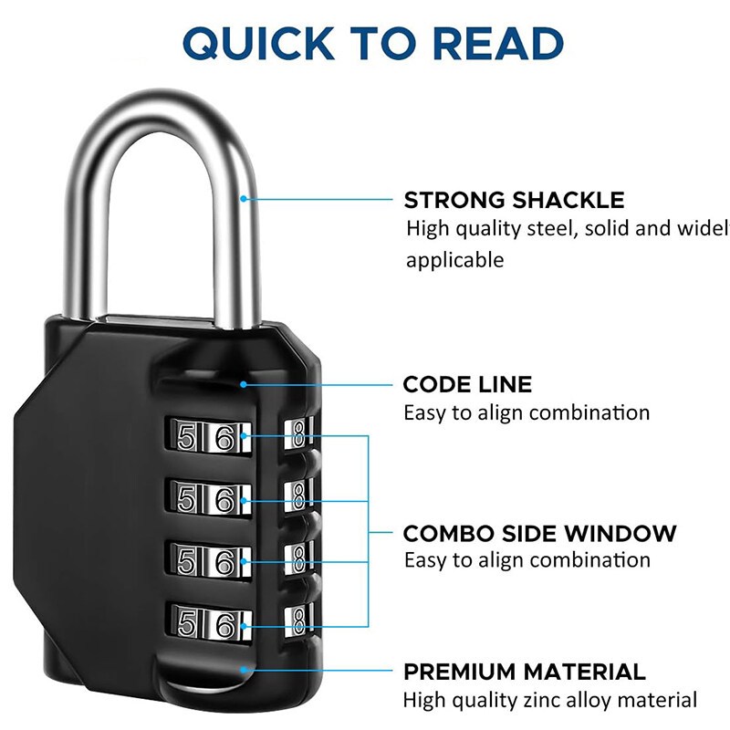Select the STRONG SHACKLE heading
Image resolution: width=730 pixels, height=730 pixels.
[515, 201]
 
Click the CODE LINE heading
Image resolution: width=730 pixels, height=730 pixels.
[467, 384]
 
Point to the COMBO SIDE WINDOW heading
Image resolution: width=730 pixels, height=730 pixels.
[540, 533]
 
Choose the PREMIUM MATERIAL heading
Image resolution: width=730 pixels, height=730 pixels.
[525, 673]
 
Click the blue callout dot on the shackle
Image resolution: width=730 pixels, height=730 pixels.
[244, 197]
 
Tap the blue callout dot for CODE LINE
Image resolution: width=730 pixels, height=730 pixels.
[244, 384]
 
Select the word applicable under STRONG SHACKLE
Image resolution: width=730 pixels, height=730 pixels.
[454, 260]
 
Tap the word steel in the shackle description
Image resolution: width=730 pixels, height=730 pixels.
[550, 228]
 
